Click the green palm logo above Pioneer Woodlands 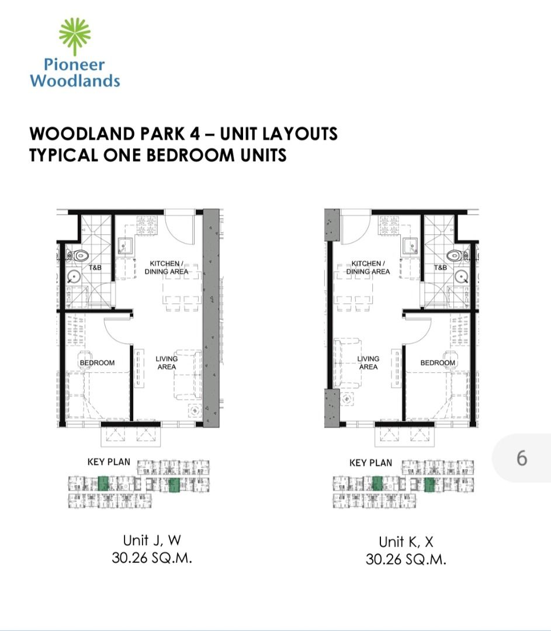click(x=75, y=36)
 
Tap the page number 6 click(x=522, y=459)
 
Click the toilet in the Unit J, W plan click(x=78, y=255)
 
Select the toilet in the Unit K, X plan click(x=458, y=255)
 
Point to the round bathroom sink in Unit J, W click(x=73, y=277)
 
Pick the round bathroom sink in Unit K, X click(x=462, y=277)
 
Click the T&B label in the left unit click(x=95, y=268)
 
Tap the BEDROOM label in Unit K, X click(x=438, y=363)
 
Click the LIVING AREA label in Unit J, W click(x=167, y=363)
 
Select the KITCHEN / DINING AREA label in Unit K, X click(x=368, y=268)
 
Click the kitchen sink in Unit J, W click(x=126, y=245)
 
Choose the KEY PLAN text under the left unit click(x=109, y=462)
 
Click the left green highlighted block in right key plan click(x=377, y=484)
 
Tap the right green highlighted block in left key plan click(x=174, y=486)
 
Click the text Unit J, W click(x=152, y=540)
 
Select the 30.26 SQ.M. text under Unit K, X click(x=406, y=560)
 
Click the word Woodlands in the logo click(x=75, y=81)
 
